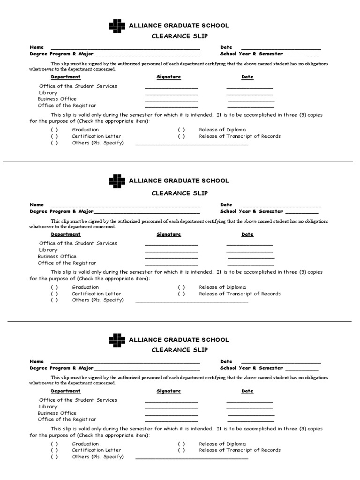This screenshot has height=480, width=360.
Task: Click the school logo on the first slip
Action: click(x=117, y=26)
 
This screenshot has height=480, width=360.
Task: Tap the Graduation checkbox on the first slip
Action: click(x=54, y=130)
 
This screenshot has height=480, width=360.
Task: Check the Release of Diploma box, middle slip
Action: click(x=181, y=287)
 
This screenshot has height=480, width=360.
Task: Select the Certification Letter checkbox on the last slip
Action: click(x=54, y=450)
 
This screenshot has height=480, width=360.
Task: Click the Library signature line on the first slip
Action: click(x=172, y=94)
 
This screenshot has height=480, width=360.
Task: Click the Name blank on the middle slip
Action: click(x=125, y=206)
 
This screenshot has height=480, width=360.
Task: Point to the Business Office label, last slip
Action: click(x=57, y=413)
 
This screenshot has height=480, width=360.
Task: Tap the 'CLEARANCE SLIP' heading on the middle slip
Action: click(x=180, y=193)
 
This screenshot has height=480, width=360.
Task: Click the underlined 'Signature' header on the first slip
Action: click(x=169, y=77)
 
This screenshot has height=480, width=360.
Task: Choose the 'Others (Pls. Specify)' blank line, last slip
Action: click(x=192, y=458)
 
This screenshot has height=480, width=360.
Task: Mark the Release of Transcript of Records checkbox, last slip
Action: click(x=181, y=450)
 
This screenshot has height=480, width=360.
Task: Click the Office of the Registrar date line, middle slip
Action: click(x=251, y=264)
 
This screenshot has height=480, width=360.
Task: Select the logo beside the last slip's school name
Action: click(x=117, y=340)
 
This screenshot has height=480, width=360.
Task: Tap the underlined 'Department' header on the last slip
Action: click(x=66, y=391)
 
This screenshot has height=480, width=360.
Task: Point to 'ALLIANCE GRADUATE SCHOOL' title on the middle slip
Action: click(x=179, y=180)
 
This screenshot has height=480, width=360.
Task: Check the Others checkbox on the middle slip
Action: click(x=54, y=300)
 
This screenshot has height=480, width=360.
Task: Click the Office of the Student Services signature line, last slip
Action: click(x=172, y=402)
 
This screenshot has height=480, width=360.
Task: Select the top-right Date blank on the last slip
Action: click(x=281, y=363)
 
